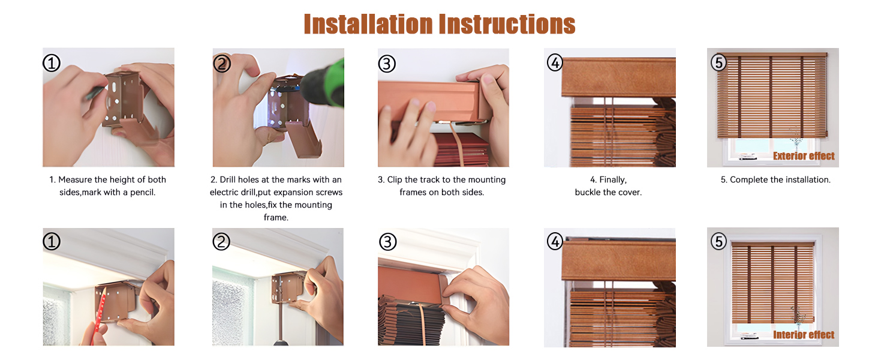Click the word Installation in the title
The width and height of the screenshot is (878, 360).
pyautogui.click(x=368, y=24)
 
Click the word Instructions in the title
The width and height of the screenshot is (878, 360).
pyautogui.click(x=507, y=24)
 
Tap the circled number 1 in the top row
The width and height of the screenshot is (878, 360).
pyautogui.click(x=52, y=63)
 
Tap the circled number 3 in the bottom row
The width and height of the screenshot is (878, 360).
pyautogui.click(x=388, y=242)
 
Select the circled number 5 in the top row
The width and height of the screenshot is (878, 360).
pyautogui.click(x=718, y=62)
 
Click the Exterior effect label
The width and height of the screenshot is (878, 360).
pyautogui.click(x=804, y=156)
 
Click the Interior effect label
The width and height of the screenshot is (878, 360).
pyautogui.click(x=804, y=335)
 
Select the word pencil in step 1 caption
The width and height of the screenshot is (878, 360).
pyautogui.click(x=142, y=193)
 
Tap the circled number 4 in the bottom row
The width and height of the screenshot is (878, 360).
pyautogui.click(x=555, y=242)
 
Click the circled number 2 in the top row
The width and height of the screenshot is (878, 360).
pyautogui.click(x=222, y=63)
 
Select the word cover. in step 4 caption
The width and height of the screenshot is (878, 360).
pyautogui.click(x=630, y=193)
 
